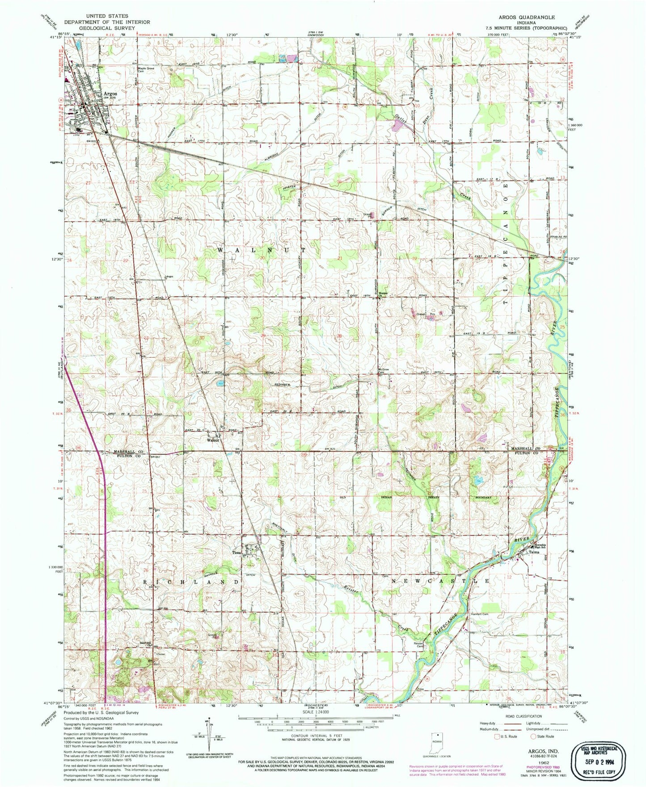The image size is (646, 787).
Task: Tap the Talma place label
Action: coord(534,552)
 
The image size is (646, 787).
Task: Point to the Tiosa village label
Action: coord(236,552)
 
